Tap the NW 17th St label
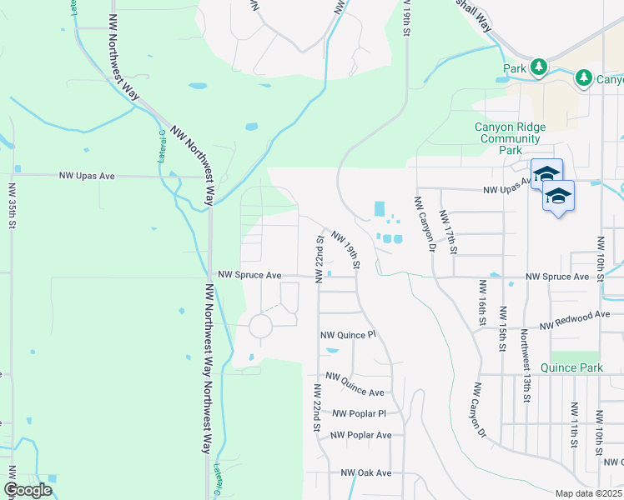coord(450,231)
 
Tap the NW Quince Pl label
coord(349,335)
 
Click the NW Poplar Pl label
coord(359,413)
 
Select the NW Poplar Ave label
coord(360,435)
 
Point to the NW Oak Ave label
coord(365,472)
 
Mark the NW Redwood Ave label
coord(575,319)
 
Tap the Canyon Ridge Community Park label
coord(510,138)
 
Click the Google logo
coord(28,490)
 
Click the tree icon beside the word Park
coord(539,66)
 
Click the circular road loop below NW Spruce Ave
coord(261,325)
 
